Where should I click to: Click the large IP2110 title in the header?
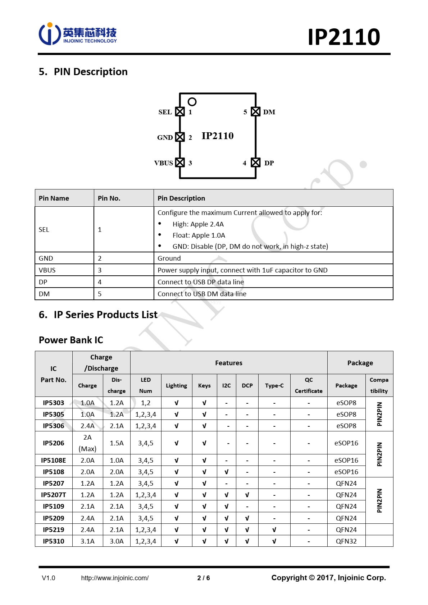point(343,37)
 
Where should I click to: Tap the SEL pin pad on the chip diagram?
point(180,112)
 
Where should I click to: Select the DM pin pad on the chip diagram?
point(255,112)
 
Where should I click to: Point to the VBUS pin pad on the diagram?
point(180,162)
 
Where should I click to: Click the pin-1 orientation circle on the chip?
point(192,102)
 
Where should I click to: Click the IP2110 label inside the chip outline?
point(218,136)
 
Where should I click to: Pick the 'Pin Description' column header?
point(181,198)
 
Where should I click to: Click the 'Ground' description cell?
point(169,258)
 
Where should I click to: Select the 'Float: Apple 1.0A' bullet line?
point(199,235)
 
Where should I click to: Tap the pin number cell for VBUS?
point(100,270)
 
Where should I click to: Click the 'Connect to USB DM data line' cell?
point(202,294)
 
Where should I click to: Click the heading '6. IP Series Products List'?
point(98,315)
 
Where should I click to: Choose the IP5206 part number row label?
point(54,443)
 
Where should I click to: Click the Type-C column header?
point(274,386)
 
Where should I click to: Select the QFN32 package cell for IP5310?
point(346,541)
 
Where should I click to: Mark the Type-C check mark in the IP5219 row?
point(274,530)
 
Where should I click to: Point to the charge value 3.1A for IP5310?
point(87,541)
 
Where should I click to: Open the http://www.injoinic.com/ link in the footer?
point(115,578)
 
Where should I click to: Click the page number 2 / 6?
point(204,578)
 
